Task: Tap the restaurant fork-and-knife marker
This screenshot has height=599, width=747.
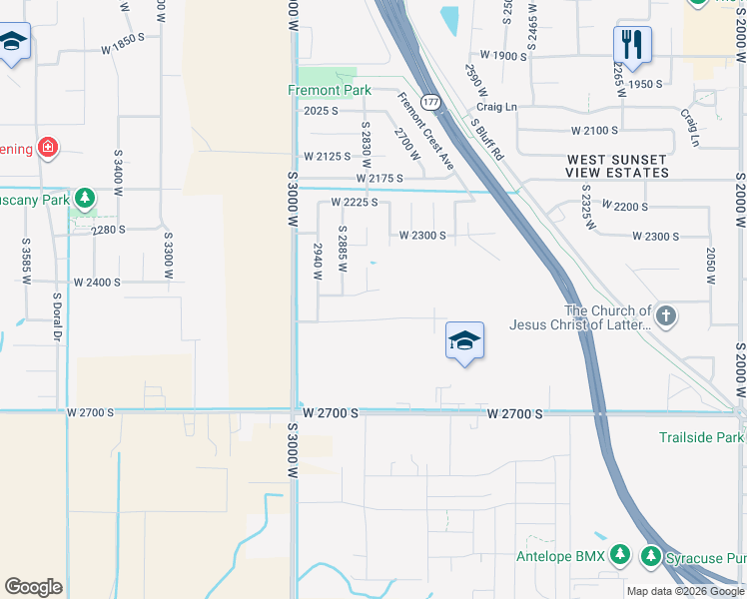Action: pyautogui.click(x=632, y=44)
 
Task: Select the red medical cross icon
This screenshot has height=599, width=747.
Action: pyautogui.click(x=47, y=150)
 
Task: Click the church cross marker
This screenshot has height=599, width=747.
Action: pyautogui.click(x=666, y=316)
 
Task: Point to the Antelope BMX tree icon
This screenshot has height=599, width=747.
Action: pyautogui.click(x=620, y=554)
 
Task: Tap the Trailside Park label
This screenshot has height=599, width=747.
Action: pyautogui.click(x=701, y=437)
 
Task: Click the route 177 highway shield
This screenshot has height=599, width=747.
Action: pyautogui.click(x=430, y=102)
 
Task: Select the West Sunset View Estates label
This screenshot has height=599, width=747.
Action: pyautogui.click(x=617, y=166)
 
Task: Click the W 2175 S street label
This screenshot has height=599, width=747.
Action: pyautogui.click(x=379, y=179)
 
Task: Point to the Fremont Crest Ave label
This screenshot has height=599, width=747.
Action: pyautogui.click(x=426, y=130)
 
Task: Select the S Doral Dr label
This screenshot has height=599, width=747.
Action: pyautogui.click(x=57, y=315)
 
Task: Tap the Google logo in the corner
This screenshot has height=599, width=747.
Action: pyautogui.click(x=33, y=586)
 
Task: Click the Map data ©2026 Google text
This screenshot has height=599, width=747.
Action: pyautogui.click(x=685, y=591)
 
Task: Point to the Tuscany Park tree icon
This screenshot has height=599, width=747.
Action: pyautogui.click(x=86, y=199)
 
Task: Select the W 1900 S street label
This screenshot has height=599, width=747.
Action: pyautogui.click(x=502, y=56)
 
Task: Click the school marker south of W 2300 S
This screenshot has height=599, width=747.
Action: pyautogui.click(x=464, y=341)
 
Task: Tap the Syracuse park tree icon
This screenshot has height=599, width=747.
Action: pyautogui.click(x=651, y=554)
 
